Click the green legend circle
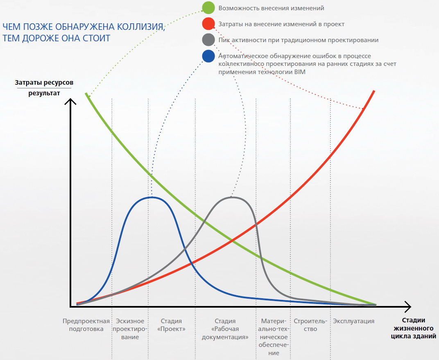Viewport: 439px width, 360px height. coord(208,8)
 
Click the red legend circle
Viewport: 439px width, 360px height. coord(208,24)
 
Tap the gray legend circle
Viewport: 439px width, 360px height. coord(208,40)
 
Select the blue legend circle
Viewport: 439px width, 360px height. coord(208,56)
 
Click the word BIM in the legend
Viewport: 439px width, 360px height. coord(300,72)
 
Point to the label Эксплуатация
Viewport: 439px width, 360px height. coord(353,321)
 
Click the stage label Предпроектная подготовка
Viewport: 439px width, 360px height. coord(86,325)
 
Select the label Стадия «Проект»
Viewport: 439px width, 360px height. coord(171,325)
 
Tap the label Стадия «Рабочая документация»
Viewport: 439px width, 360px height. coord(225,329)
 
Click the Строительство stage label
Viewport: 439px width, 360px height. coord(310,325)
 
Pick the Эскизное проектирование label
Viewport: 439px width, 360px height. coord(130,329)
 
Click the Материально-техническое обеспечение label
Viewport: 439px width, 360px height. coord(274,337)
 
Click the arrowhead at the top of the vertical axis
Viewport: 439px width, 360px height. coord(70,99)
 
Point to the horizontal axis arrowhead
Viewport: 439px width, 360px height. coord(410,307)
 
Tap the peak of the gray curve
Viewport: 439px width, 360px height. coord(232,198)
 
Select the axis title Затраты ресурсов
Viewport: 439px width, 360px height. coord(44,83)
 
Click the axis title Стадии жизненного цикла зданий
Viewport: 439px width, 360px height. coord(413,328)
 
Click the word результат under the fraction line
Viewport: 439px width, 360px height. coord(44,93)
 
